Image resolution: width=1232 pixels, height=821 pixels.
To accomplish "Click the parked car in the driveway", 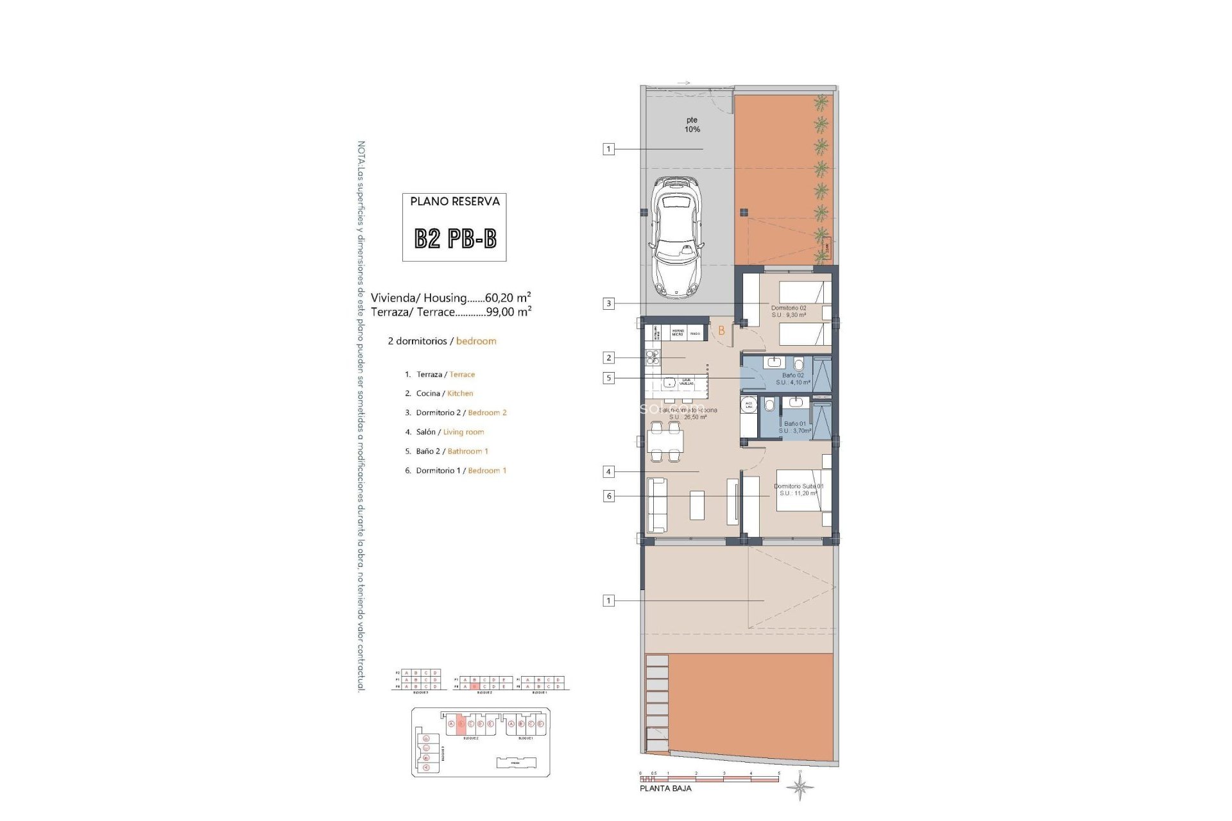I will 676,237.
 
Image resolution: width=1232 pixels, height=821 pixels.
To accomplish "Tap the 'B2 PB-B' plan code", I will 455,239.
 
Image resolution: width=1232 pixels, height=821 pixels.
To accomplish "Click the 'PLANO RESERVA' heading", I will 455,201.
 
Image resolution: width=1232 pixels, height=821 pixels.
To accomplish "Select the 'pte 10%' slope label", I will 692,124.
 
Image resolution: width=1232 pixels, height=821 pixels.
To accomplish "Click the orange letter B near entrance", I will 721,331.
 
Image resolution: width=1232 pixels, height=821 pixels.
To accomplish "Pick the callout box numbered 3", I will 608,303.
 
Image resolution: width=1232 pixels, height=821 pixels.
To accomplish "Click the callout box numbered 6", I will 608,496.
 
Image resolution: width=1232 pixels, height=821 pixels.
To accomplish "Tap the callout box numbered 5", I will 608,378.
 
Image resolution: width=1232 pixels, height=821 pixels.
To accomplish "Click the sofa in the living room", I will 656,505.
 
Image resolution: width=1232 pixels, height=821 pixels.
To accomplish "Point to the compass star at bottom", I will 800,786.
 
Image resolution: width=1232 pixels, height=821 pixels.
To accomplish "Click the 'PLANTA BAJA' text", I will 665,788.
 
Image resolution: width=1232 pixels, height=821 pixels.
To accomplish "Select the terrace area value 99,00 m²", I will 509,312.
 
